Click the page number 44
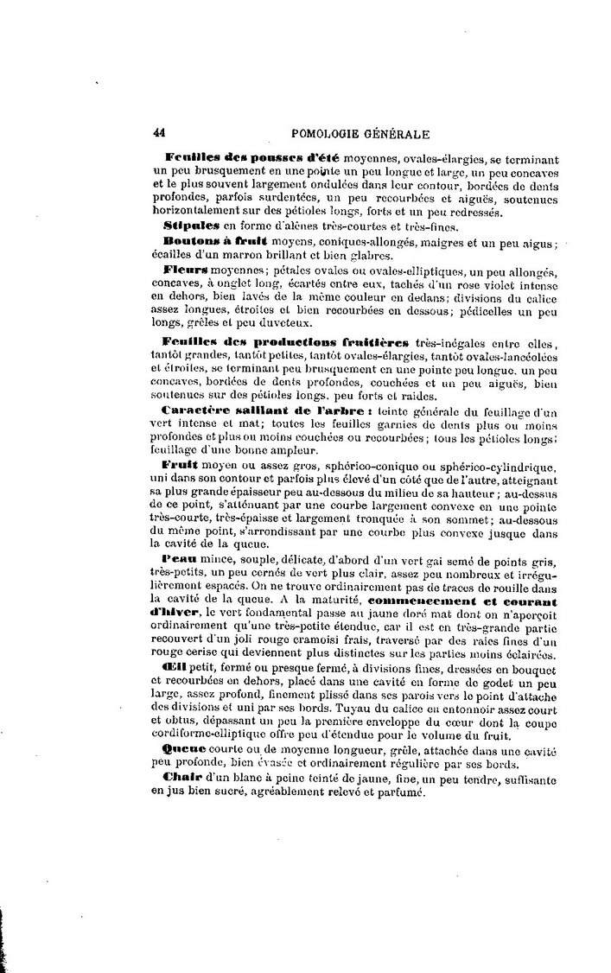159,132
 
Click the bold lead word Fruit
179,466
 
